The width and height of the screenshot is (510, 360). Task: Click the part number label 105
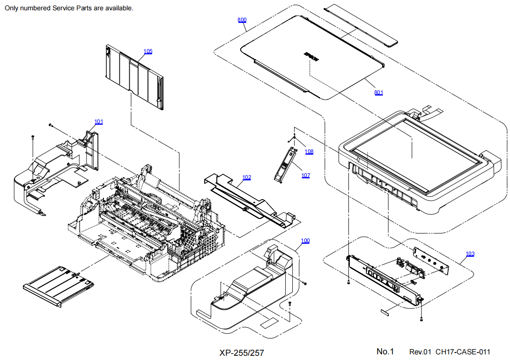point(148,51)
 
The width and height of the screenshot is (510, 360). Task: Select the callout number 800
point(242,20)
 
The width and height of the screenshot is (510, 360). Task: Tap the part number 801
point(378,92)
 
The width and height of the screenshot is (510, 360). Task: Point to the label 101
point(99,122)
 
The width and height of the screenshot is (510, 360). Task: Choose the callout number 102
point(246,178)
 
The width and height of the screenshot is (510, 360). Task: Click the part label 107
point(305,175)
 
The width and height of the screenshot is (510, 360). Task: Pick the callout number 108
point(309,151)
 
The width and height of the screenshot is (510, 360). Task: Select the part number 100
point(305,241)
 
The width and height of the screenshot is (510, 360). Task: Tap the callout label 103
point(470,254)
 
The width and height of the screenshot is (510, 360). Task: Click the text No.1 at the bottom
point(385,352)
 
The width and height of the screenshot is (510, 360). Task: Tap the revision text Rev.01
point(421,352)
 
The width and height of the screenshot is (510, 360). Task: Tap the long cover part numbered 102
point(248,197)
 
